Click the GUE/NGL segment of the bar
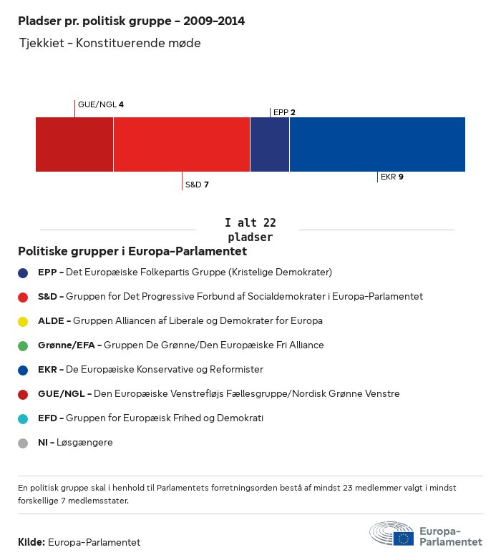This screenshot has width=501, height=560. pyautogui.click(x=74, y=144)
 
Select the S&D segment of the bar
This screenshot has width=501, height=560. pyautogui.click(x=182, y=144)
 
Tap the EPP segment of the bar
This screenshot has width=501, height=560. pyautogui.click(x=270, y=144)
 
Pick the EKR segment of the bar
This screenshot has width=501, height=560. pyautogui.click(x=377, y=144)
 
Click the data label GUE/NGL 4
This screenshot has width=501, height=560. pyautogui.click(x=101, y=104)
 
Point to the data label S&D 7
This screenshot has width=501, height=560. pyautogui.click(x=197, y=185)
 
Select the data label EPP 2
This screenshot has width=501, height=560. pyautogui.click(x=284, y=112)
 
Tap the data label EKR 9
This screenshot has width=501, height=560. pyautogui.click(x=392, y=177)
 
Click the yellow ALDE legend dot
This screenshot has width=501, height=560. pyautogui.click(x=23, y=321)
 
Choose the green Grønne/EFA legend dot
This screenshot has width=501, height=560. pyautogui.click(x=23, y=345)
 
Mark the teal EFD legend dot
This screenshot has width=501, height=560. pyautogui.click(x=23, y=418)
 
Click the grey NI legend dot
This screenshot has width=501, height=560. pyautogui.click(x=23, y=443)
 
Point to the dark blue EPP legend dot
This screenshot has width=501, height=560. pyautogui.click(x=23, y=272)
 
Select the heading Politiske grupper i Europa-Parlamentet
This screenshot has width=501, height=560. pyautogui.click(x=132, y=251)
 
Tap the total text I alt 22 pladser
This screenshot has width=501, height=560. pyautogui.click(x=250, y=230)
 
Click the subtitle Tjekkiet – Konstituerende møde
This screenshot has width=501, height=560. pyautogui.click(x=110, y=43)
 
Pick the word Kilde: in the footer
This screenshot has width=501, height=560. pyautogui.click(x=31, y=542)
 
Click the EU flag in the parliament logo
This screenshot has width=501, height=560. pyautogui.click(x=403, y=539)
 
